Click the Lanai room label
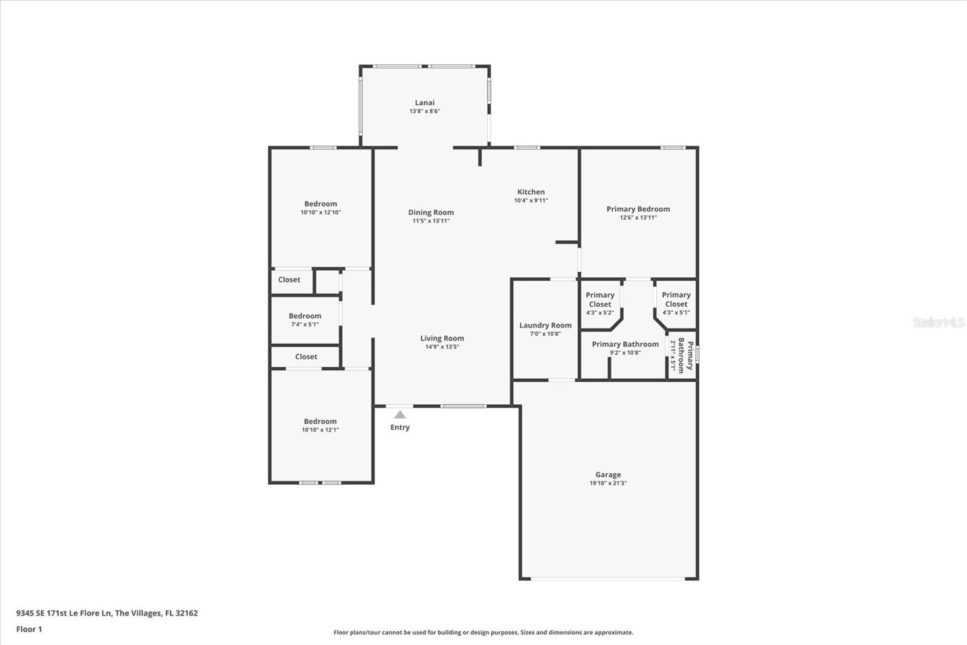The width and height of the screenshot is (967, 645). [425, 102]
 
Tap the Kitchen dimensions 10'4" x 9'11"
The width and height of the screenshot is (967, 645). [531, 201]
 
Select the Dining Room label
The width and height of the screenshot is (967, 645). [431, 212]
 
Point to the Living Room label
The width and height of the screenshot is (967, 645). [442, 338]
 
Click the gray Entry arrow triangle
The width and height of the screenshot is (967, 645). [400, 414]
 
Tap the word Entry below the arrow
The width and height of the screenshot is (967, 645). [400, 428]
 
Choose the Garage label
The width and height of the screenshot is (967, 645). [608, 474]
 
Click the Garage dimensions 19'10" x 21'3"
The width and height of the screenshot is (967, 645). [608, 483]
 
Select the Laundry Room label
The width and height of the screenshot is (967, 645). [545, 325]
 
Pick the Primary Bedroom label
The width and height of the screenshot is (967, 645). [638, 209]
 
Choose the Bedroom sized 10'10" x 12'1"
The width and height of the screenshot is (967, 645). [320, 425]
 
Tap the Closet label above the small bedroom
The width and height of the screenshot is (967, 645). [289, 280]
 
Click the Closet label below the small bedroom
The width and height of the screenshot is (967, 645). [306, 356]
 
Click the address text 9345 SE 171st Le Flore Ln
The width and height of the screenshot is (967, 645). [64, 613]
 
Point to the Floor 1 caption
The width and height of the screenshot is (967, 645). [29, 629]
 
